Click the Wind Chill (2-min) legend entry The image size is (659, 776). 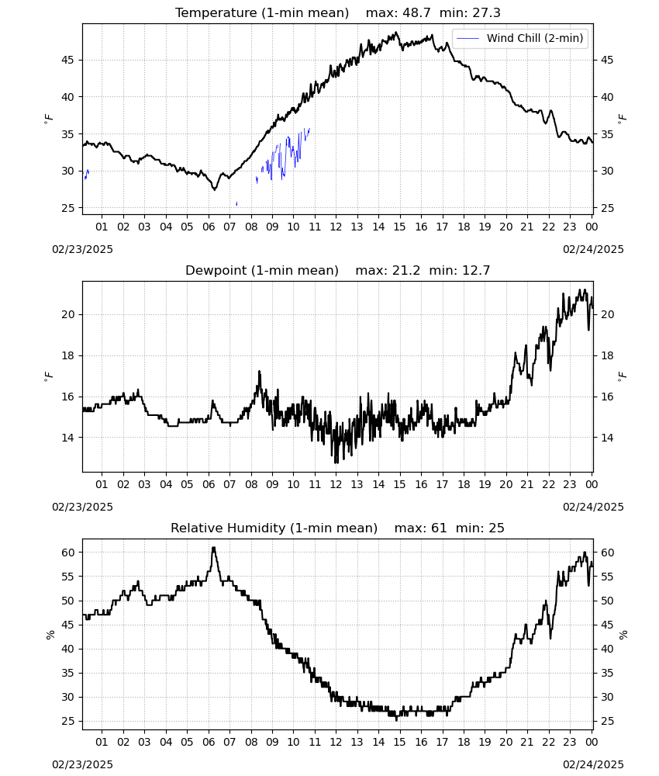click(520, 38)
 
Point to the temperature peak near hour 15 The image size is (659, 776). click(395, 33)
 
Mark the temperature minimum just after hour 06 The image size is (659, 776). click(215, 189)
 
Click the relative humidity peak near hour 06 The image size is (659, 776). click(213, 548)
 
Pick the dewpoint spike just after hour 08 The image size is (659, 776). click(259, 372)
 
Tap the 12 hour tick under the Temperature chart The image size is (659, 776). click(336, 227)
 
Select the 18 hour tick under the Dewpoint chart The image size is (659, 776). click(464, 484)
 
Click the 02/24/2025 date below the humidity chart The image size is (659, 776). click(593, 764)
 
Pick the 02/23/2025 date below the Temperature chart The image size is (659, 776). click(82, 249)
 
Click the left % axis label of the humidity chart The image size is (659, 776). click(50, 635)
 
